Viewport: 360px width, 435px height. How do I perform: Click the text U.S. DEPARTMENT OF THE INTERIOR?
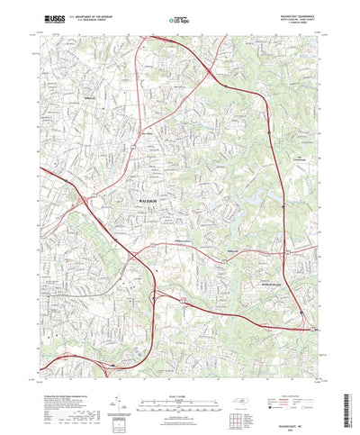pyautogui.click(x=94, y=15)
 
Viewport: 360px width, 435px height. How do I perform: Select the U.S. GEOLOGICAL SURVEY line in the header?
pyautogui.click(x=94, y=19)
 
